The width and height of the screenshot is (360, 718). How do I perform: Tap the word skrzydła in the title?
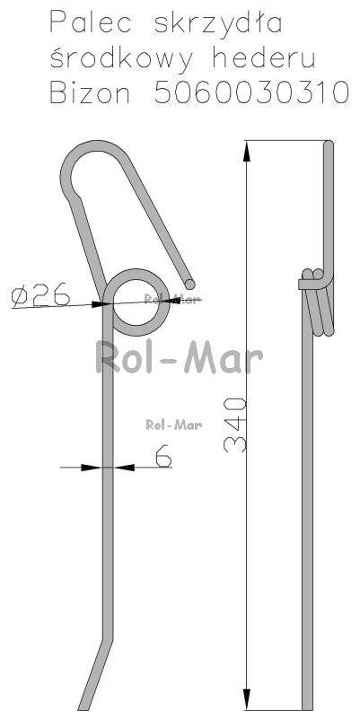pos(218,24)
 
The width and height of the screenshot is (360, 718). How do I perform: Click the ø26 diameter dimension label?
pos(40,294)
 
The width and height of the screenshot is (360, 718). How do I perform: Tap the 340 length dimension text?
pos(235,425)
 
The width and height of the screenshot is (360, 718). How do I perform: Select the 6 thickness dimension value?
pos(163,455)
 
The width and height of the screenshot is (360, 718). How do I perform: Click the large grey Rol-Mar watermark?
pos(179,357)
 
